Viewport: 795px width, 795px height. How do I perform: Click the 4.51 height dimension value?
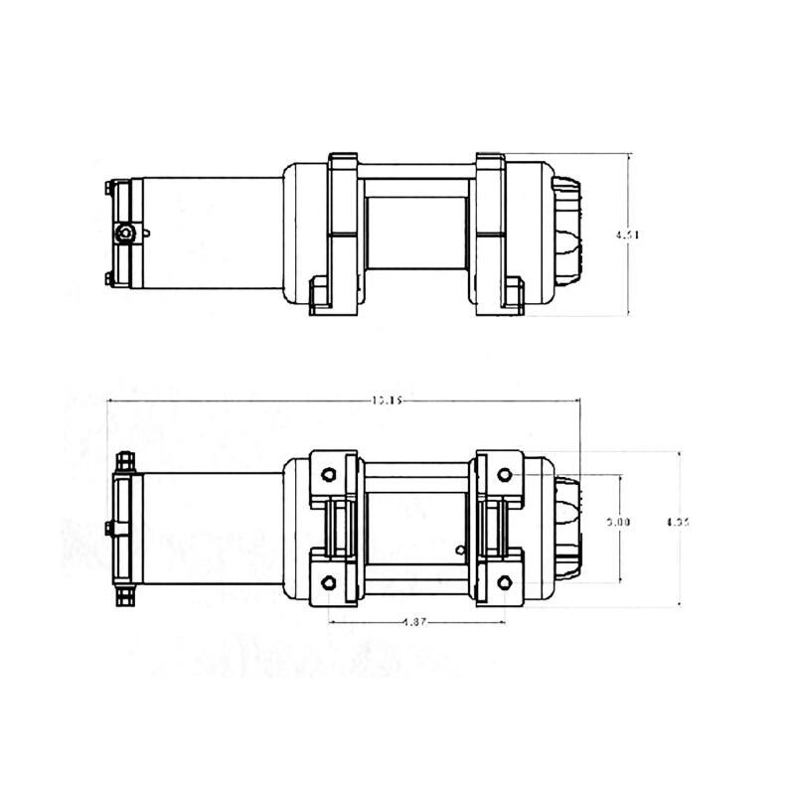point(627,236)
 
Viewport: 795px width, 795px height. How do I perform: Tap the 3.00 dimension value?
point(618,522)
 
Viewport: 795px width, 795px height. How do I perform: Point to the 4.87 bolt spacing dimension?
point(415,623)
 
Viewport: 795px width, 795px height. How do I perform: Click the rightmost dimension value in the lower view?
point(678,520)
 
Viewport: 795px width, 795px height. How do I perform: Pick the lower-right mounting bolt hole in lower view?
point(504,581)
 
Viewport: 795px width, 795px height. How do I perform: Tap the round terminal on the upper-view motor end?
point(124,234)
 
